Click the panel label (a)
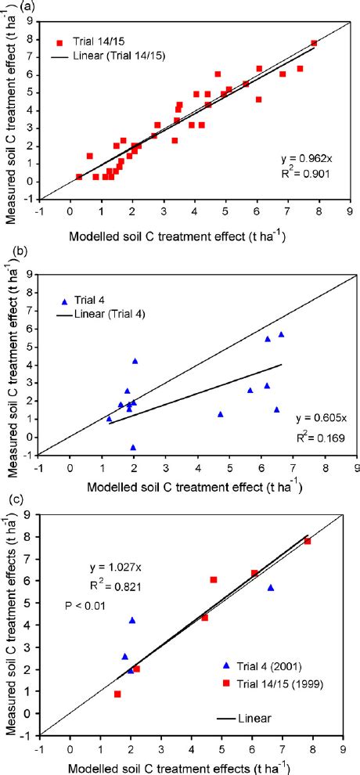[9, 7]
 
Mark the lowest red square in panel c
[117, 694]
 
